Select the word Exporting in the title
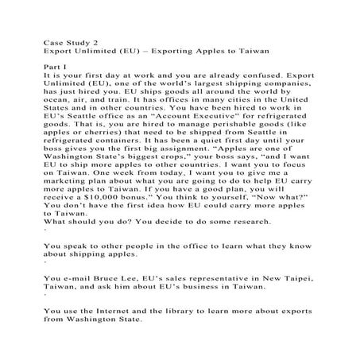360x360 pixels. (163, 50)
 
